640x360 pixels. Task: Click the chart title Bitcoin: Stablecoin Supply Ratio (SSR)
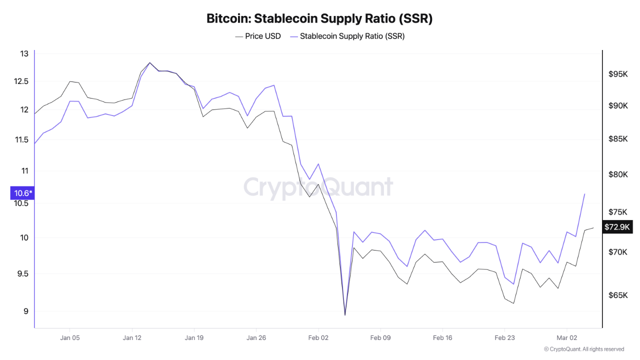[319, 19]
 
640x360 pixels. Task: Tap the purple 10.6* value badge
[22, 193]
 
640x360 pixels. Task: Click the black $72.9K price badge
[617, 227]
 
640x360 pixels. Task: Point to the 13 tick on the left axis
[24, 53]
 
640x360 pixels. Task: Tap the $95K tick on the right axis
[618, 74]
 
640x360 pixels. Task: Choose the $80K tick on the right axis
[618, 174]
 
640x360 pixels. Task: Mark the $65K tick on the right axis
[618, 295]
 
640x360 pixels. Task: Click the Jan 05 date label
[69, 337]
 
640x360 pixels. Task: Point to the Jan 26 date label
[256, 337]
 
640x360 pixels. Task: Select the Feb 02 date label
[318, 337]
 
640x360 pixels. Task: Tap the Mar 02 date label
[567, 337]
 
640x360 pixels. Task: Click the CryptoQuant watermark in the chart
[318, 187]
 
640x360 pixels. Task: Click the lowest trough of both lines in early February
[345, 315]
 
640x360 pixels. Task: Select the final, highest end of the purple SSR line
[584, 193]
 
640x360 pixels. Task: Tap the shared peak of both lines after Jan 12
[149, 63]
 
